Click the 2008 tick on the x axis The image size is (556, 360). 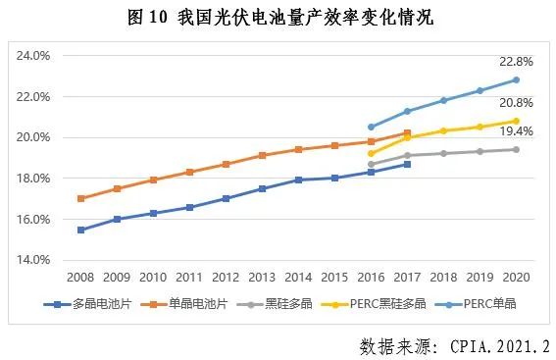pyautogui.click(x=80, y=279)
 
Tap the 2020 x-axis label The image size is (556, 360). pyautogui.click(x=516, y=279)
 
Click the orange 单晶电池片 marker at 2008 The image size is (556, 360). pyautogui.click(x=80, y=198)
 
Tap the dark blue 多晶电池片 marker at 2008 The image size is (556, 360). pyautogui.click(x=80, y=230)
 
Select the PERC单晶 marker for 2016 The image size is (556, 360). pyautogui.click(x=371, y=127)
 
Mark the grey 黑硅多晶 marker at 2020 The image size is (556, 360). pyautogui.click(x=516, y=149)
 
